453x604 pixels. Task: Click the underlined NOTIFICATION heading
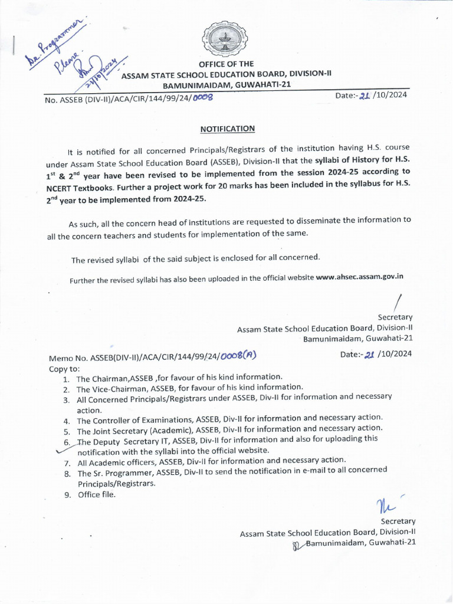click(x=227, y=128)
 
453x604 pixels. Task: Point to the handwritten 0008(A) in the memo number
click(x=238, y=355)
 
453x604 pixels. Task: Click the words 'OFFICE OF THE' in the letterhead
click(x=226, y=64)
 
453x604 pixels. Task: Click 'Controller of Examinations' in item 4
click(x=141, y=420)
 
